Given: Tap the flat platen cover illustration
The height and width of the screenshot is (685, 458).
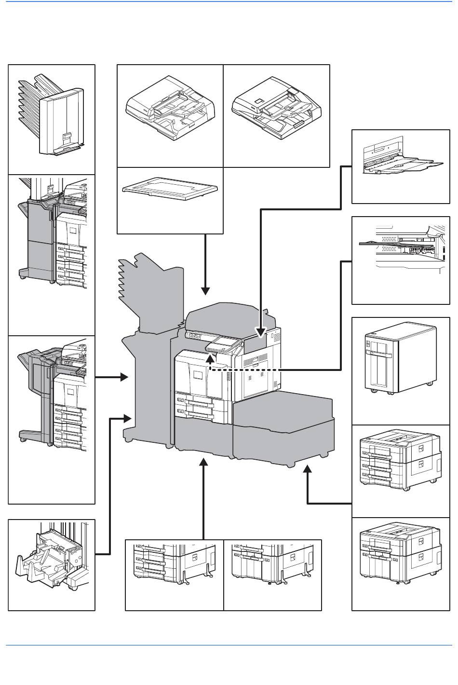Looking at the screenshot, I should (x=170, y=191).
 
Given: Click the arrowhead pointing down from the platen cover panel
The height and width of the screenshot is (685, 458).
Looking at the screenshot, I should (x=206, y=290).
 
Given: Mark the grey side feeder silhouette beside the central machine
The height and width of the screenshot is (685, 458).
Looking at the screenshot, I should (x=284, y=425).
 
